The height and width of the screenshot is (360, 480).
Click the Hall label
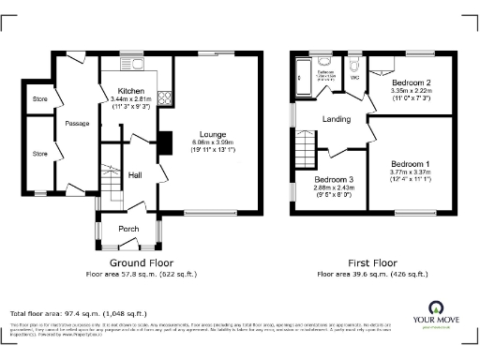tap(135, 174)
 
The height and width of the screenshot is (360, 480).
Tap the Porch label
tap(128, 229)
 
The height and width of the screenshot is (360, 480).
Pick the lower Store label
tap(39, 153)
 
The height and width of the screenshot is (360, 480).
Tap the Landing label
tap(337, 119)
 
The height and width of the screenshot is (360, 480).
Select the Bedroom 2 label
tap(410, 82)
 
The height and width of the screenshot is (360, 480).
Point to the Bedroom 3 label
tap(333, 179)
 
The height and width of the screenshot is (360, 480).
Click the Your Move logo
tap(437, 316)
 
